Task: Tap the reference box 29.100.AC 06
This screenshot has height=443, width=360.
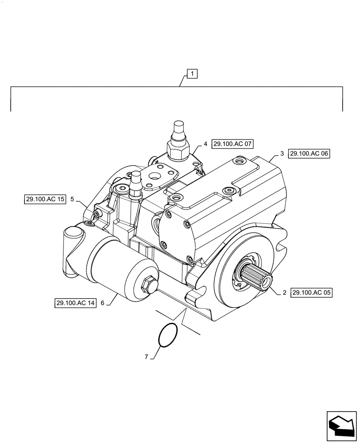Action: pos(310,154)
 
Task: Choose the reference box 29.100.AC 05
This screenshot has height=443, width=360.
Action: pos(312,292)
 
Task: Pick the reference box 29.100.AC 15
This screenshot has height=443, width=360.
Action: pos(45,199)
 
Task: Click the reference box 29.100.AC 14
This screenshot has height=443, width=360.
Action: pos(76,303)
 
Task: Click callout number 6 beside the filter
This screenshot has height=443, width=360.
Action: pos(102,303)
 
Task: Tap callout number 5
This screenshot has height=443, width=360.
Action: pos(72,199)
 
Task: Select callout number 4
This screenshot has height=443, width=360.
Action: pos(205,144)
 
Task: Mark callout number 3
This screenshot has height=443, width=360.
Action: pos(282,154)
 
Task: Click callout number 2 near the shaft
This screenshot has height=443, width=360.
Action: pos(284,292)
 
